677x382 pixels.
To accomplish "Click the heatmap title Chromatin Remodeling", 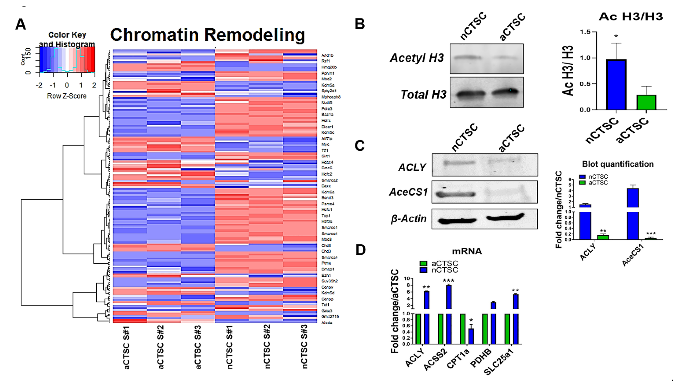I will [208, 35].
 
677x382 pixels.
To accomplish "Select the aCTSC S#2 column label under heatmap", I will [160, 347].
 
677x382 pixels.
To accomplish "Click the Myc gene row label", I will [325, 144].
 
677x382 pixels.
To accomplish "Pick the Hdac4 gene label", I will [327, 162].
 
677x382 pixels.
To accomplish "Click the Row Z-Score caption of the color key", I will [67, 96].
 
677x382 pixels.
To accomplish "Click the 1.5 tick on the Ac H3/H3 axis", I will [585, 32].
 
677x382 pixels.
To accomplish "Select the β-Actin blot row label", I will [409, 219].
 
